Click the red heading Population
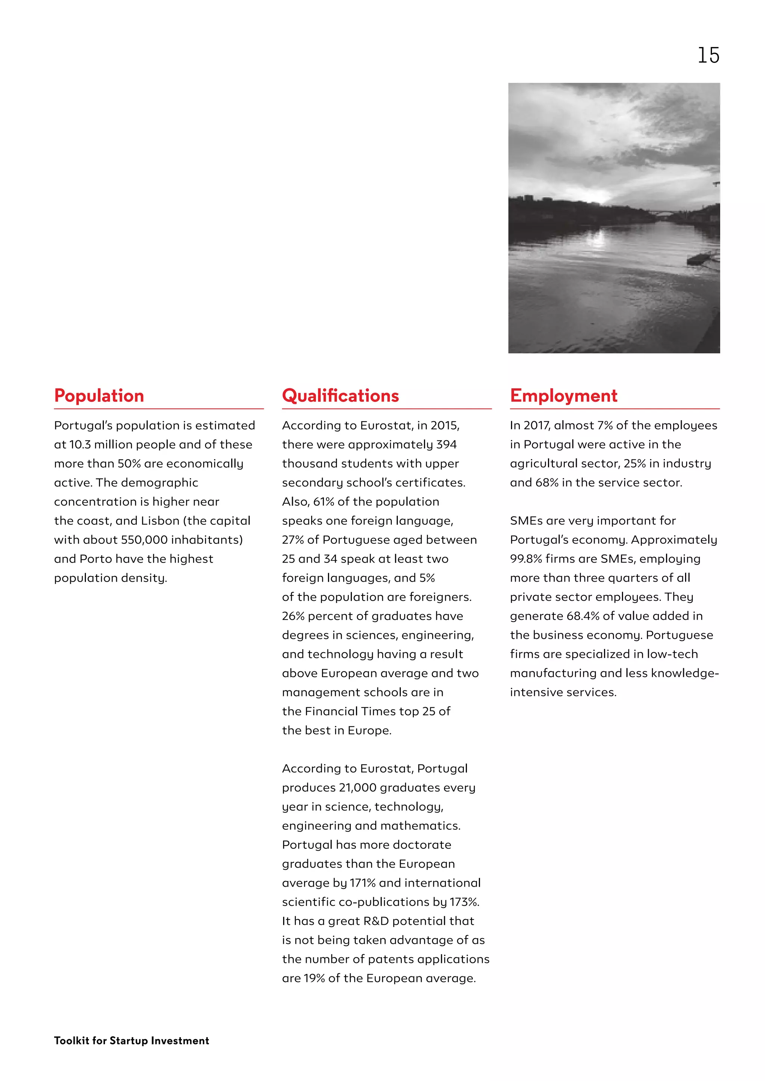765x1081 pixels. (x=99, y=395)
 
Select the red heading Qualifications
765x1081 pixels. (x=340, y=395)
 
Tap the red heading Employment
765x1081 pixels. (x=563, y=395)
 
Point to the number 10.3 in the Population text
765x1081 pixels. (x=80, y=444)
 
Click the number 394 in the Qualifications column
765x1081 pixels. (x=446, y=444)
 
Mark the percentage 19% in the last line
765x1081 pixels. (x=314, y=978)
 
